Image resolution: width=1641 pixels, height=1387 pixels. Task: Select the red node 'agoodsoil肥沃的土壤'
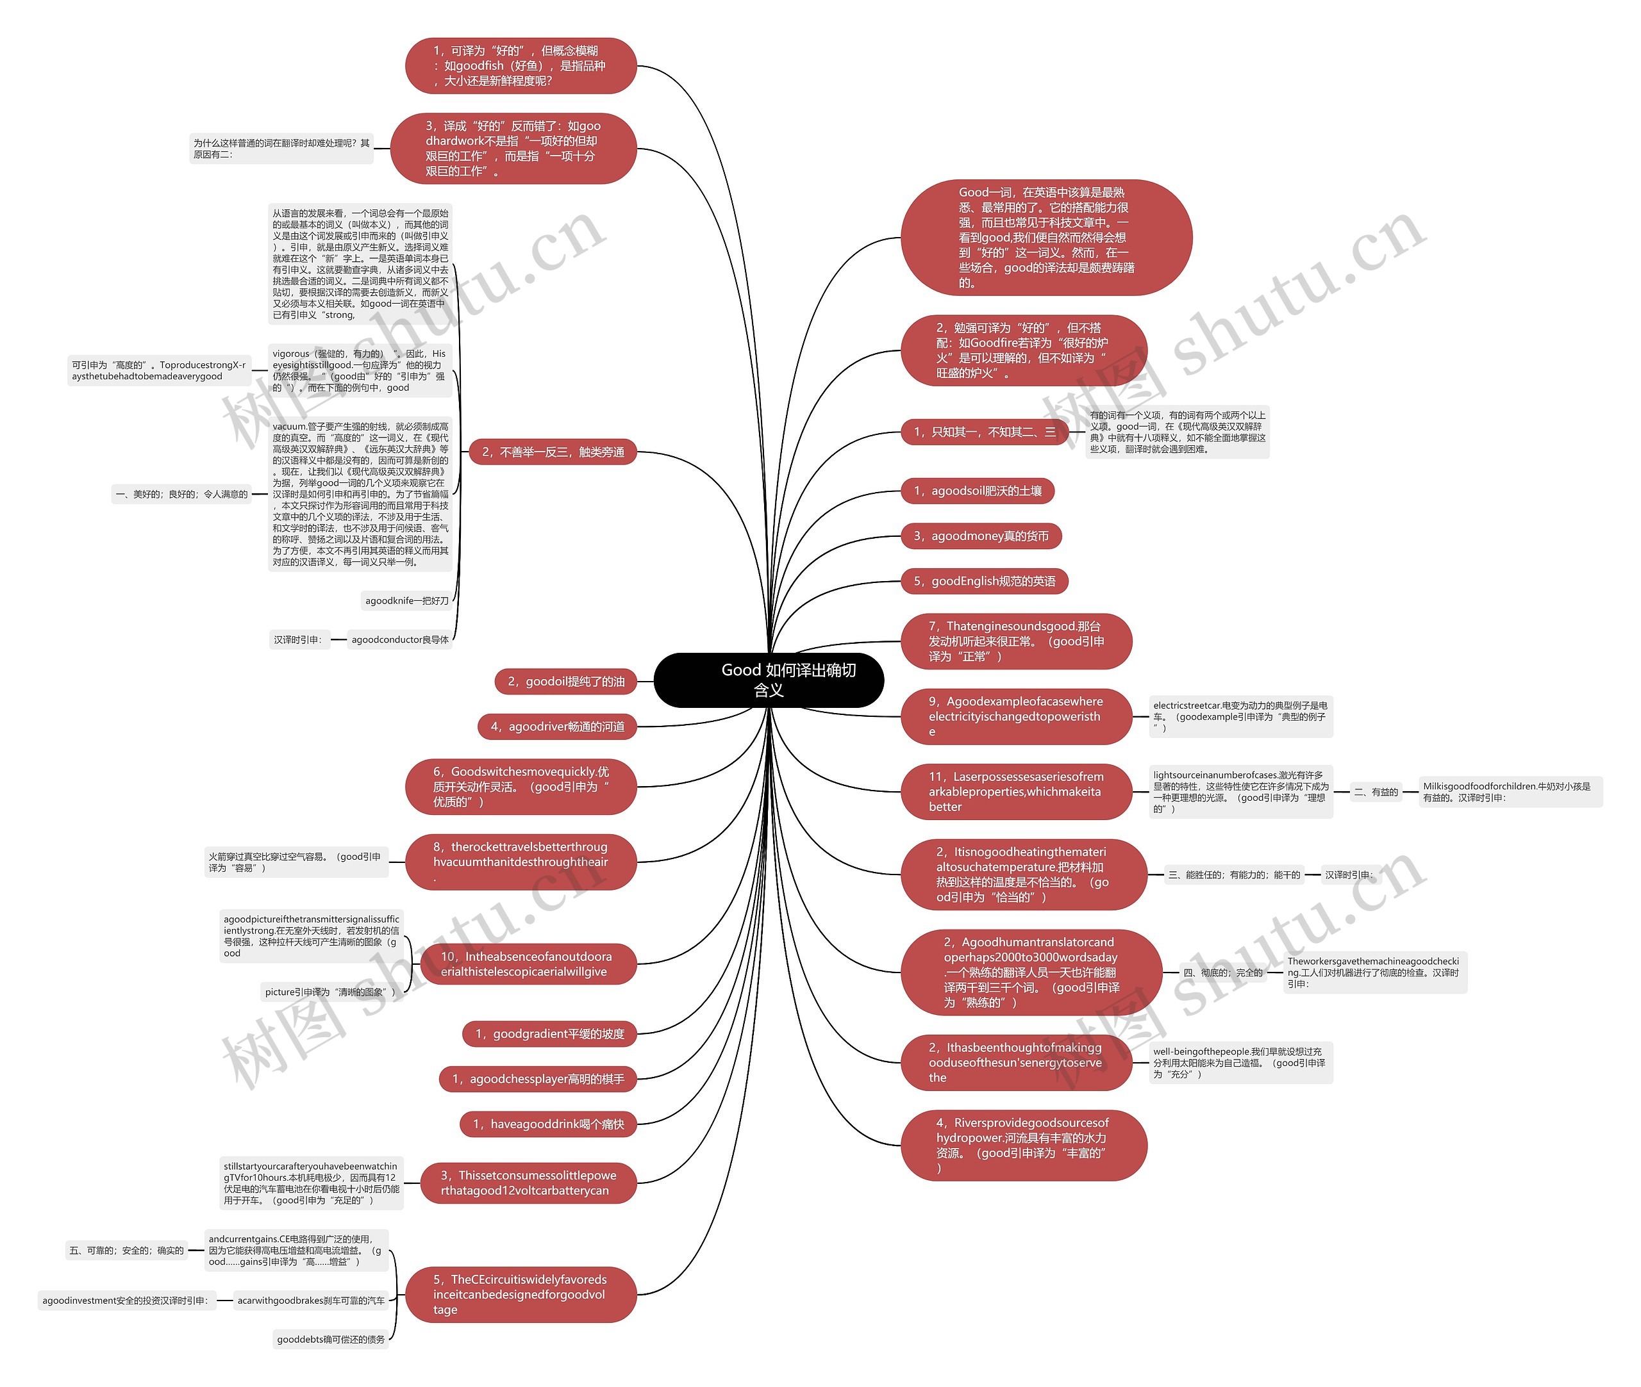click(x=976, y=491)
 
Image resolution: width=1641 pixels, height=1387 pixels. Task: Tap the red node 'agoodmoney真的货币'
click(x=980, y=536)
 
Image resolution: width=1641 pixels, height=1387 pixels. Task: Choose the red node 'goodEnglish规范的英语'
click(x=983, y=581)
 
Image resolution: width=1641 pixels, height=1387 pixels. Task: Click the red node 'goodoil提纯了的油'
click(x=565, y=682)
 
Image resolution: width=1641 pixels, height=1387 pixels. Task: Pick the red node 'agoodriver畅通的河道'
click(x=556, y=726)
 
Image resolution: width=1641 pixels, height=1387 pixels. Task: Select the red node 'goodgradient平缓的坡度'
click(x=549, y=1034)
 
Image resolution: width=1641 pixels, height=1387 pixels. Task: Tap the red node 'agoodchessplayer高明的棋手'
click(x=537, y=1079)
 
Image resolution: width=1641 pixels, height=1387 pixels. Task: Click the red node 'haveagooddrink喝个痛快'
click(x=547, y=1124)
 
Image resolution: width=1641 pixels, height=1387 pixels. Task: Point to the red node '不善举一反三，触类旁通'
click(x=553, y=452)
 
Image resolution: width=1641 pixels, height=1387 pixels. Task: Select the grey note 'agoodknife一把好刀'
click(x=406, y=601)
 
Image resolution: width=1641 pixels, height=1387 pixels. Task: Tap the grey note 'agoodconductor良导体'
click(x=399, y=639)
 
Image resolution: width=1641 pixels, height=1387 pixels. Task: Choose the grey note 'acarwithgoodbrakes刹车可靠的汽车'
click(x=311, y=1301)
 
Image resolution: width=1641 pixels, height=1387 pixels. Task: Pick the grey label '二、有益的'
click(x=1376, y=792)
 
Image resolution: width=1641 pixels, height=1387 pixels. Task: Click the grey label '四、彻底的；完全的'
click(x=1222, y=973)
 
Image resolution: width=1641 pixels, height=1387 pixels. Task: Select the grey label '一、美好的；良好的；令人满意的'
click(x=181, y=494)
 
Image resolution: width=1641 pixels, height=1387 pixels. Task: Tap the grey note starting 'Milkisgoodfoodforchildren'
click(x=1510, y=792)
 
